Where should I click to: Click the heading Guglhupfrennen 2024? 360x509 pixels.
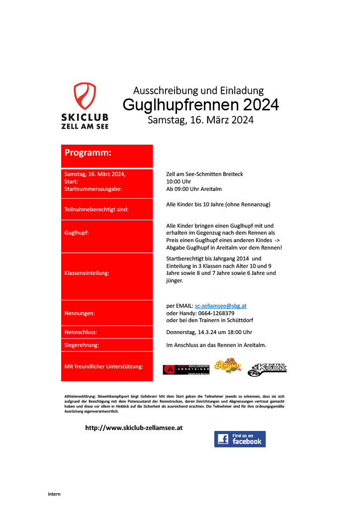pos(200,105)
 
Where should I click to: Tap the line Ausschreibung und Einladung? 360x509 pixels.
pos(198,90)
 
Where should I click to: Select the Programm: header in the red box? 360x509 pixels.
pos(88,153)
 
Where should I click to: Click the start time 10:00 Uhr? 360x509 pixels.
pos(179,181)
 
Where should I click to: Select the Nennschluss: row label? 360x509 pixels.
pos(81,332)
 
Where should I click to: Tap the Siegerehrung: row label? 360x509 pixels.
pos(82,344)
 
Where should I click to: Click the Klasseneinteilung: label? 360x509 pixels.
pos(87,273)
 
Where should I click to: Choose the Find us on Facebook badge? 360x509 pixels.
pos(240,439)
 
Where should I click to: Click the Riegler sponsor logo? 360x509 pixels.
pos(228,366)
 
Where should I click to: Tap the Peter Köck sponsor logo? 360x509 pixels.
pos(267,368)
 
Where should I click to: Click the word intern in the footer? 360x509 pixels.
pos(54,494)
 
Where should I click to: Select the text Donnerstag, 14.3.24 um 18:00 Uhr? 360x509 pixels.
pos(209,332)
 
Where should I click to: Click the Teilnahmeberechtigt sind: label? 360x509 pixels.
pos(96,209)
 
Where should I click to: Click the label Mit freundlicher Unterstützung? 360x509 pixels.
pos(104,366)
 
